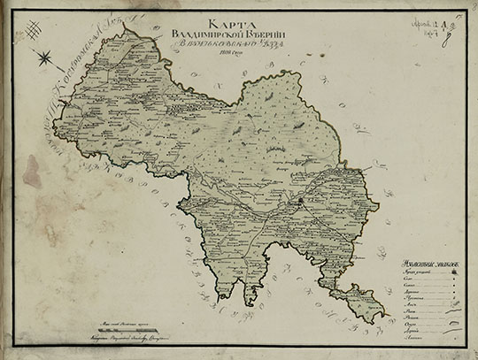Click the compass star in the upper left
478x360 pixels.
coord(43,60)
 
